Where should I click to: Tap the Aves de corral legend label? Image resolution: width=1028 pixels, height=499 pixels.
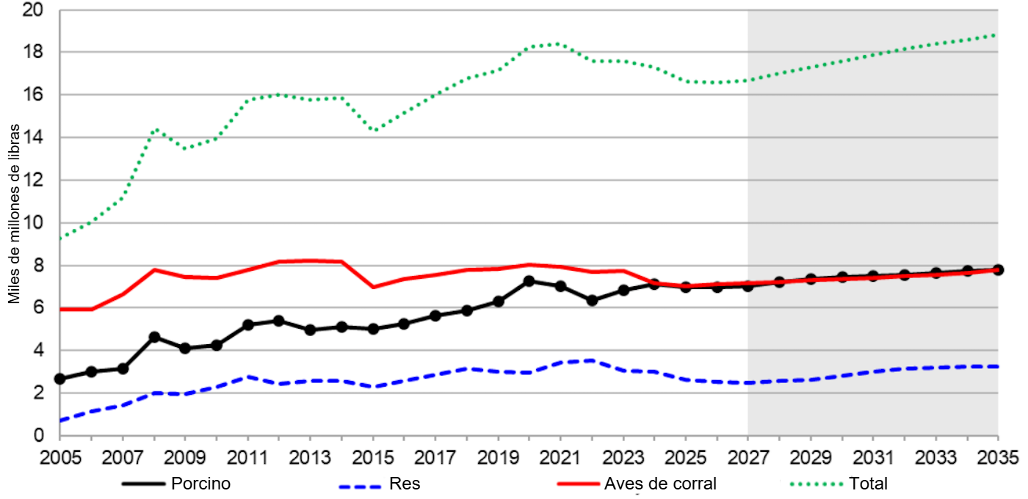[659, 484]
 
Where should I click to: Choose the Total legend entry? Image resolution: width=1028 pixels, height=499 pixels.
[868, 484]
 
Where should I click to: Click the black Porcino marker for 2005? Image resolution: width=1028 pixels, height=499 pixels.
[60, 379]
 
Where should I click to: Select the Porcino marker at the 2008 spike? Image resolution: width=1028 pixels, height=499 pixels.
[154, 337]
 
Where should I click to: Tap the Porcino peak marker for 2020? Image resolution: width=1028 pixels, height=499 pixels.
[529, 281]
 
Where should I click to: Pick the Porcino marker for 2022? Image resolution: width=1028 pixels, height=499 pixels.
[592, 300]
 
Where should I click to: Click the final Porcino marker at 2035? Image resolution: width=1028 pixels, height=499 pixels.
[998, 269]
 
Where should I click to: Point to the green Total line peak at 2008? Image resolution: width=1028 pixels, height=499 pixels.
[155, 130]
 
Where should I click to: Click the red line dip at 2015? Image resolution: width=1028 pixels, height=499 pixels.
[373, 287]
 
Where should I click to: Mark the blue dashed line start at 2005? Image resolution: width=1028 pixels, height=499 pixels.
[61, 420]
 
